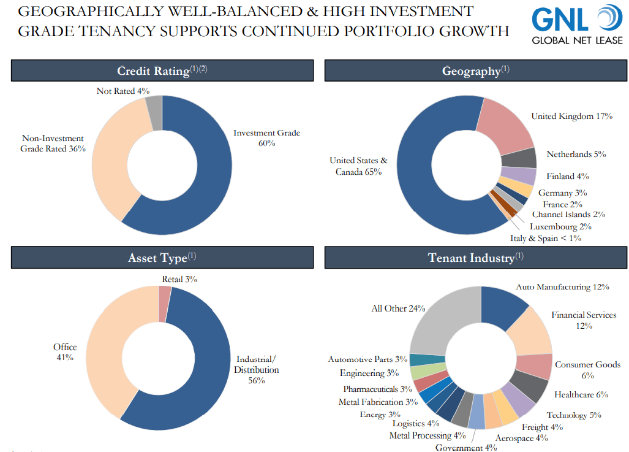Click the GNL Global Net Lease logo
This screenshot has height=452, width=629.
tap(576, 25)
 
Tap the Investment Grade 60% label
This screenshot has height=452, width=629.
tap(266, 137)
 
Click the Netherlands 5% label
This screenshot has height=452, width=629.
tap(576, 154)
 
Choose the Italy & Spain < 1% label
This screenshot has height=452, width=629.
tap(546, 238)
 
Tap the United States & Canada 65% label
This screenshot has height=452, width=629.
tap(358, 166)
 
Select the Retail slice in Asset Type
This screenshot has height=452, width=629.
tap(164, 295)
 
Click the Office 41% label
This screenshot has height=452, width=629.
tap(65, 352)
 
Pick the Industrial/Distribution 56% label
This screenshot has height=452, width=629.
tap(257, 370)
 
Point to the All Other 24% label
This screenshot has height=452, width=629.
tap(398, 308)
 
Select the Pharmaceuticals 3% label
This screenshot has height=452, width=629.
tap(377, 389)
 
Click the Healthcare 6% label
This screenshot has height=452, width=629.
tap(581, 394)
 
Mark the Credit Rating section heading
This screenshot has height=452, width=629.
tap(162, 71)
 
